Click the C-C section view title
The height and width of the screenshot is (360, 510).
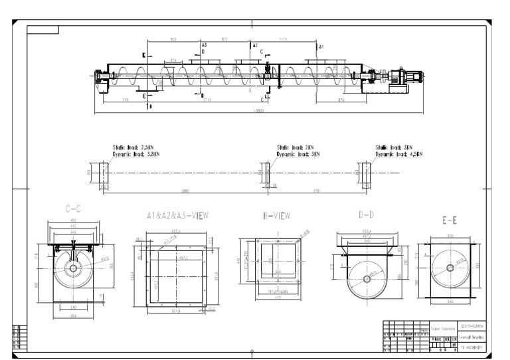(73, 209)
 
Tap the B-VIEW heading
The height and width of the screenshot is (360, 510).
(277, 215)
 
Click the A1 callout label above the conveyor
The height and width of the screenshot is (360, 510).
(321, 47)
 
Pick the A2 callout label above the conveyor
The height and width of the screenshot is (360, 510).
(254, 45)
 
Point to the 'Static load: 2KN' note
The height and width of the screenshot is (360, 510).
(295, 148)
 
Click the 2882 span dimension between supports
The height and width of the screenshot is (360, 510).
(185, 191)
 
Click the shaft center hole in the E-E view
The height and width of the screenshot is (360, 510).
(450, 268)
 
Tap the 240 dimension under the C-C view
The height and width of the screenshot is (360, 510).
(73, 308)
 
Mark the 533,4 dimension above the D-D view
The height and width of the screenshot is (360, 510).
(365, 228)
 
